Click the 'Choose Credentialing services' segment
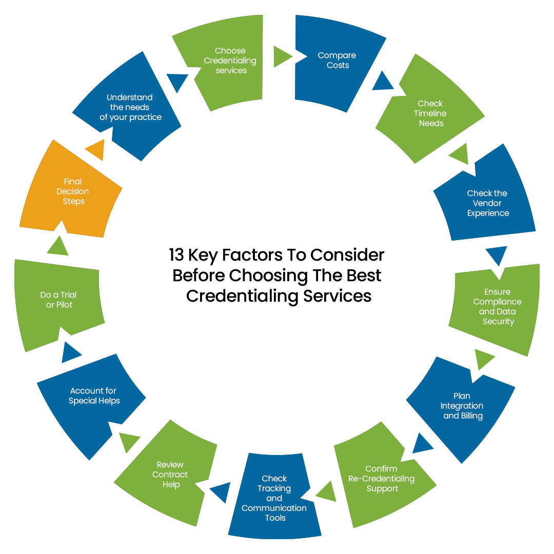(230, 61)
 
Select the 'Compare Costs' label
(337, 61)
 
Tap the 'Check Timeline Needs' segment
(430, 113)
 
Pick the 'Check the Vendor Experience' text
(487, 203)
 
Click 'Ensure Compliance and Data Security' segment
(497, 307)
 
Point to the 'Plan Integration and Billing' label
(462, 406)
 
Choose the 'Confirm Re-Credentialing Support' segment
(382, 479)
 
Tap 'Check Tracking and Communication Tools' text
(274, 498)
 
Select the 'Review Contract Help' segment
(170, 474)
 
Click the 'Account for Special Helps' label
(94, 396)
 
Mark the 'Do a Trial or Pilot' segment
(59, 300)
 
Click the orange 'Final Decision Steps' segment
(73, 191)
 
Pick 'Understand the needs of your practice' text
(130, 107)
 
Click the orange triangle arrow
(96, 150)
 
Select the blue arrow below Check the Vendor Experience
(497, 255)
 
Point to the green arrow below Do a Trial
(58, 247)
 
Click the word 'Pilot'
(64, 305)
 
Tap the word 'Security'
(498, 322)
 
